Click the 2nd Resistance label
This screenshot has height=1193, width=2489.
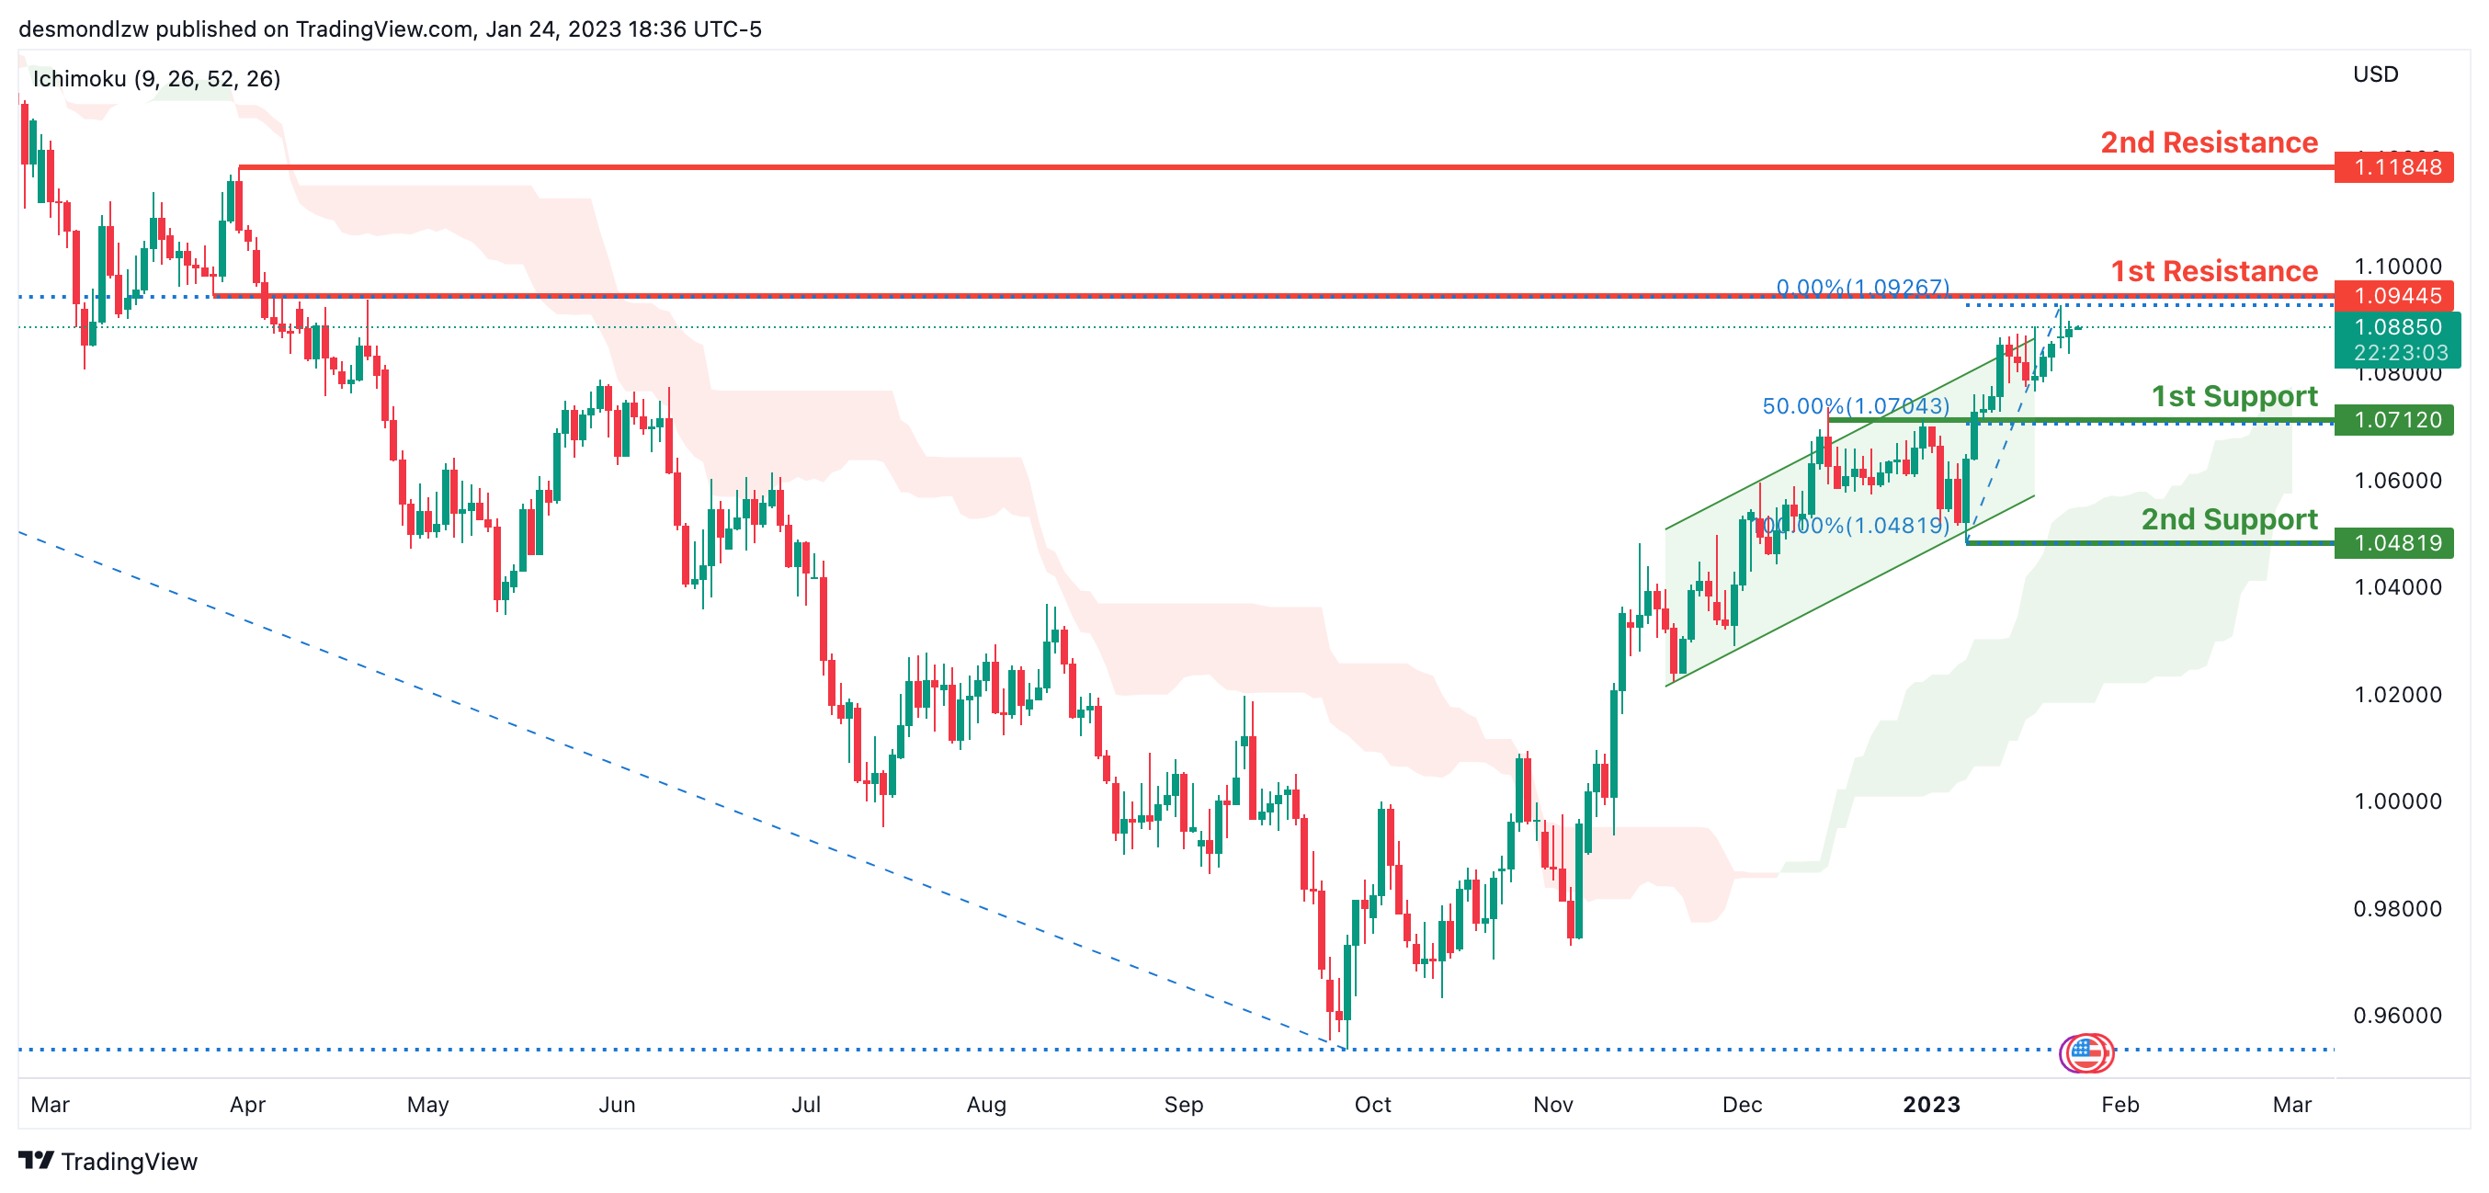coord(2208,143)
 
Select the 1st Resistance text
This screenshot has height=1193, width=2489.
coord(2212,271)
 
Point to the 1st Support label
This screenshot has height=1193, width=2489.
coord(2233,396)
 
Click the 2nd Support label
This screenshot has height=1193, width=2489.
coord(2228,519)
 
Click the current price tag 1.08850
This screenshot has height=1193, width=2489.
coord(2396,327)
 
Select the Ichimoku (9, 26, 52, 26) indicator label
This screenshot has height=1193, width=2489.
coord(156,79)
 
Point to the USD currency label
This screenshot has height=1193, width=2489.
coord(2375,74)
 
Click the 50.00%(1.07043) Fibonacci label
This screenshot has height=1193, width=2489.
coord(1855,406)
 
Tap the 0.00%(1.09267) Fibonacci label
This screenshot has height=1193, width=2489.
coord(1862,288)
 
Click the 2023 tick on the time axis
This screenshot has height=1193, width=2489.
coord(1930,1105)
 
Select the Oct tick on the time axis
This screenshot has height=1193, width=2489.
coord(1372,1105)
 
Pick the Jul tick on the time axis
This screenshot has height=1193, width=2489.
coord(806,1105)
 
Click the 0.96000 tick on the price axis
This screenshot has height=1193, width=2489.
coord(2396,1016)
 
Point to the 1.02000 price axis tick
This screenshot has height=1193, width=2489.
coord(2396,695)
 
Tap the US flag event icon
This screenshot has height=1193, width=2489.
coord(2086,1052)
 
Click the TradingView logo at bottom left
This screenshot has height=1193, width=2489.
coord(108,1161)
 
